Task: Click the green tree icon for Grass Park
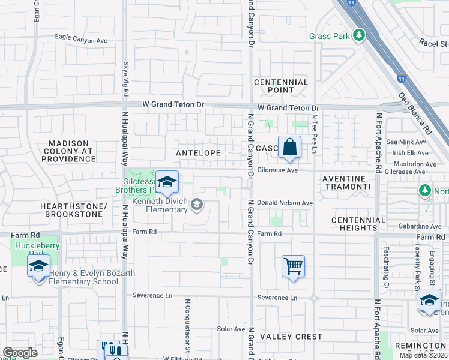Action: pos(359,35)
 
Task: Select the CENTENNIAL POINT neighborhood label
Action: pos(281,86)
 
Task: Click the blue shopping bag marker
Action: pos(289,147)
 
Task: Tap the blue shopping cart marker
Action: pos(293,265)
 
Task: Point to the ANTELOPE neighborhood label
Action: pos(197,154)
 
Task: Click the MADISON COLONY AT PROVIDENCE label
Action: pos(72,151)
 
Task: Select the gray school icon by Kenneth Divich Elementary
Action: pos(196,206)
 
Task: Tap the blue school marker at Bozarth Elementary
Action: pos(38,267)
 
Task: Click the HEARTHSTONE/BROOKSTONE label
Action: pos(73,210)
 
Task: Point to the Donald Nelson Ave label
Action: pos(285,203)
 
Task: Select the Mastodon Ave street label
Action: pos(414,164)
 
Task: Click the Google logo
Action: pos(20,353)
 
